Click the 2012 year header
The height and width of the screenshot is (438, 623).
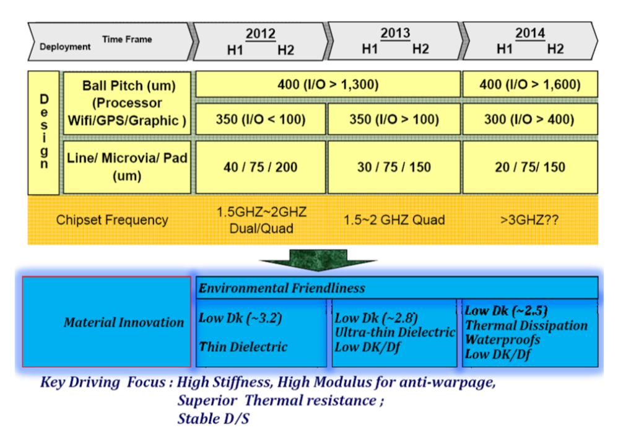click(260, 33)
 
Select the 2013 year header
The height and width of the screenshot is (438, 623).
click(395, 33)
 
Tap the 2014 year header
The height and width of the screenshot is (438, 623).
click(530, 33)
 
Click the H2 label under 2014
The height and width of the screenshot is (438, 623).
click(555, 50)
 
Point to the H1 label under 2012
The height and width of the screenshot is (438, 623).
click(235, 50)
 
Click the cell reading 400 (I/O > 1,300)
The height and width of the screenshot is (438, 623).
click(328, 84)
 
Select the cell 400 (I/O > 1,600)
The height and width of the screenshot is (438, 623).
click(529, 84)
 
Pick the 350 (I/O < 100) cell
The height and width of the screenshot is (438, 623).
click(261, 119)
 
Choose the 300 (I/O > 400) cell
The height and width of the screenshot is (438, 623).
click(529, 119)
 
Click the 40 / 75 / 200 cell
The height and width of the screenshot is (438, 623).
click(261, 167)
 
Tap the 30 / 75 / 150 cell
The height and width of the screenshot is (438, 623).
click(394, 167)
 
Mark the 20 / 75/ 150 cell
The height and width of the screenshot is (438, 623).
click(529, 167)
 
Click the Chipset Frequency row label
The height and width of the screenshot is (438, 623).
click(112, 220)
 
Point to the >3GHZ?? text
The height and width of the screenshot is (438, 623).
click(529, 220)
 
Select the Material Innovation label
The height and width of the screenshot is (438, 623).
click(124, 323)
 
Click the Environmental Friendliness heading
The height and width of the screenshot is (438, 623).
click(282, 288)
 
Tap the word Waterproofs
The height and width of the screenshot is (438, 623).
click(502, 339)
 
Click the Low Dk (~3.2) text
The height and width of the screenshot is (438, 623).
click(240, 318)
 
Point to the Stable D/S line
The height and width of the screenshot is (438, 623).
click(214, 418)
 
